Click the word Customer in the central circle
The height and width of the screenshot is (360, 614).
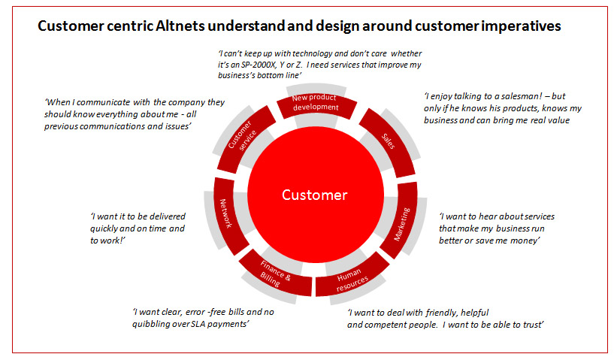coord(314,195)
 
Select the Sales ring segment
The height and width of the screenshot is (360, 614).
coord(389,142)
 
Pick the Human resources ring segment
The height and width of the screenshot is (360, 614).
coord(352,277)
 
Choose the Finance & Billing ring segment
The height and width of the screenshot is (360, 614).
coord(275,274)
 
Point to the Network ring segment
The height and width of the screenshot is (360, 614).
coord(228,215)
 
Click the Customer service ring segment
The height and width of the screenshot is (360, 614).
coord(245,137)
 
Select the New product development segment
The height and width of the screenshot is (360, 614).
coord(316,103)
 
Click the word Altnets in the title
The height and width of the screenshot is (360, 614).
coord(180,26)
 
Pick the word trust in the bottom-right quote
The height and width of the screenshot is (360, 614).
coord(532,325)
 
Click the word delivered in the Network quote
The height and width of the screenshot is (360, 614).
coord(167,216)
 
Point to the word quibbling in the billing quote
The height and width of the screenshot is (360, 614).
coord(150,325)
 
